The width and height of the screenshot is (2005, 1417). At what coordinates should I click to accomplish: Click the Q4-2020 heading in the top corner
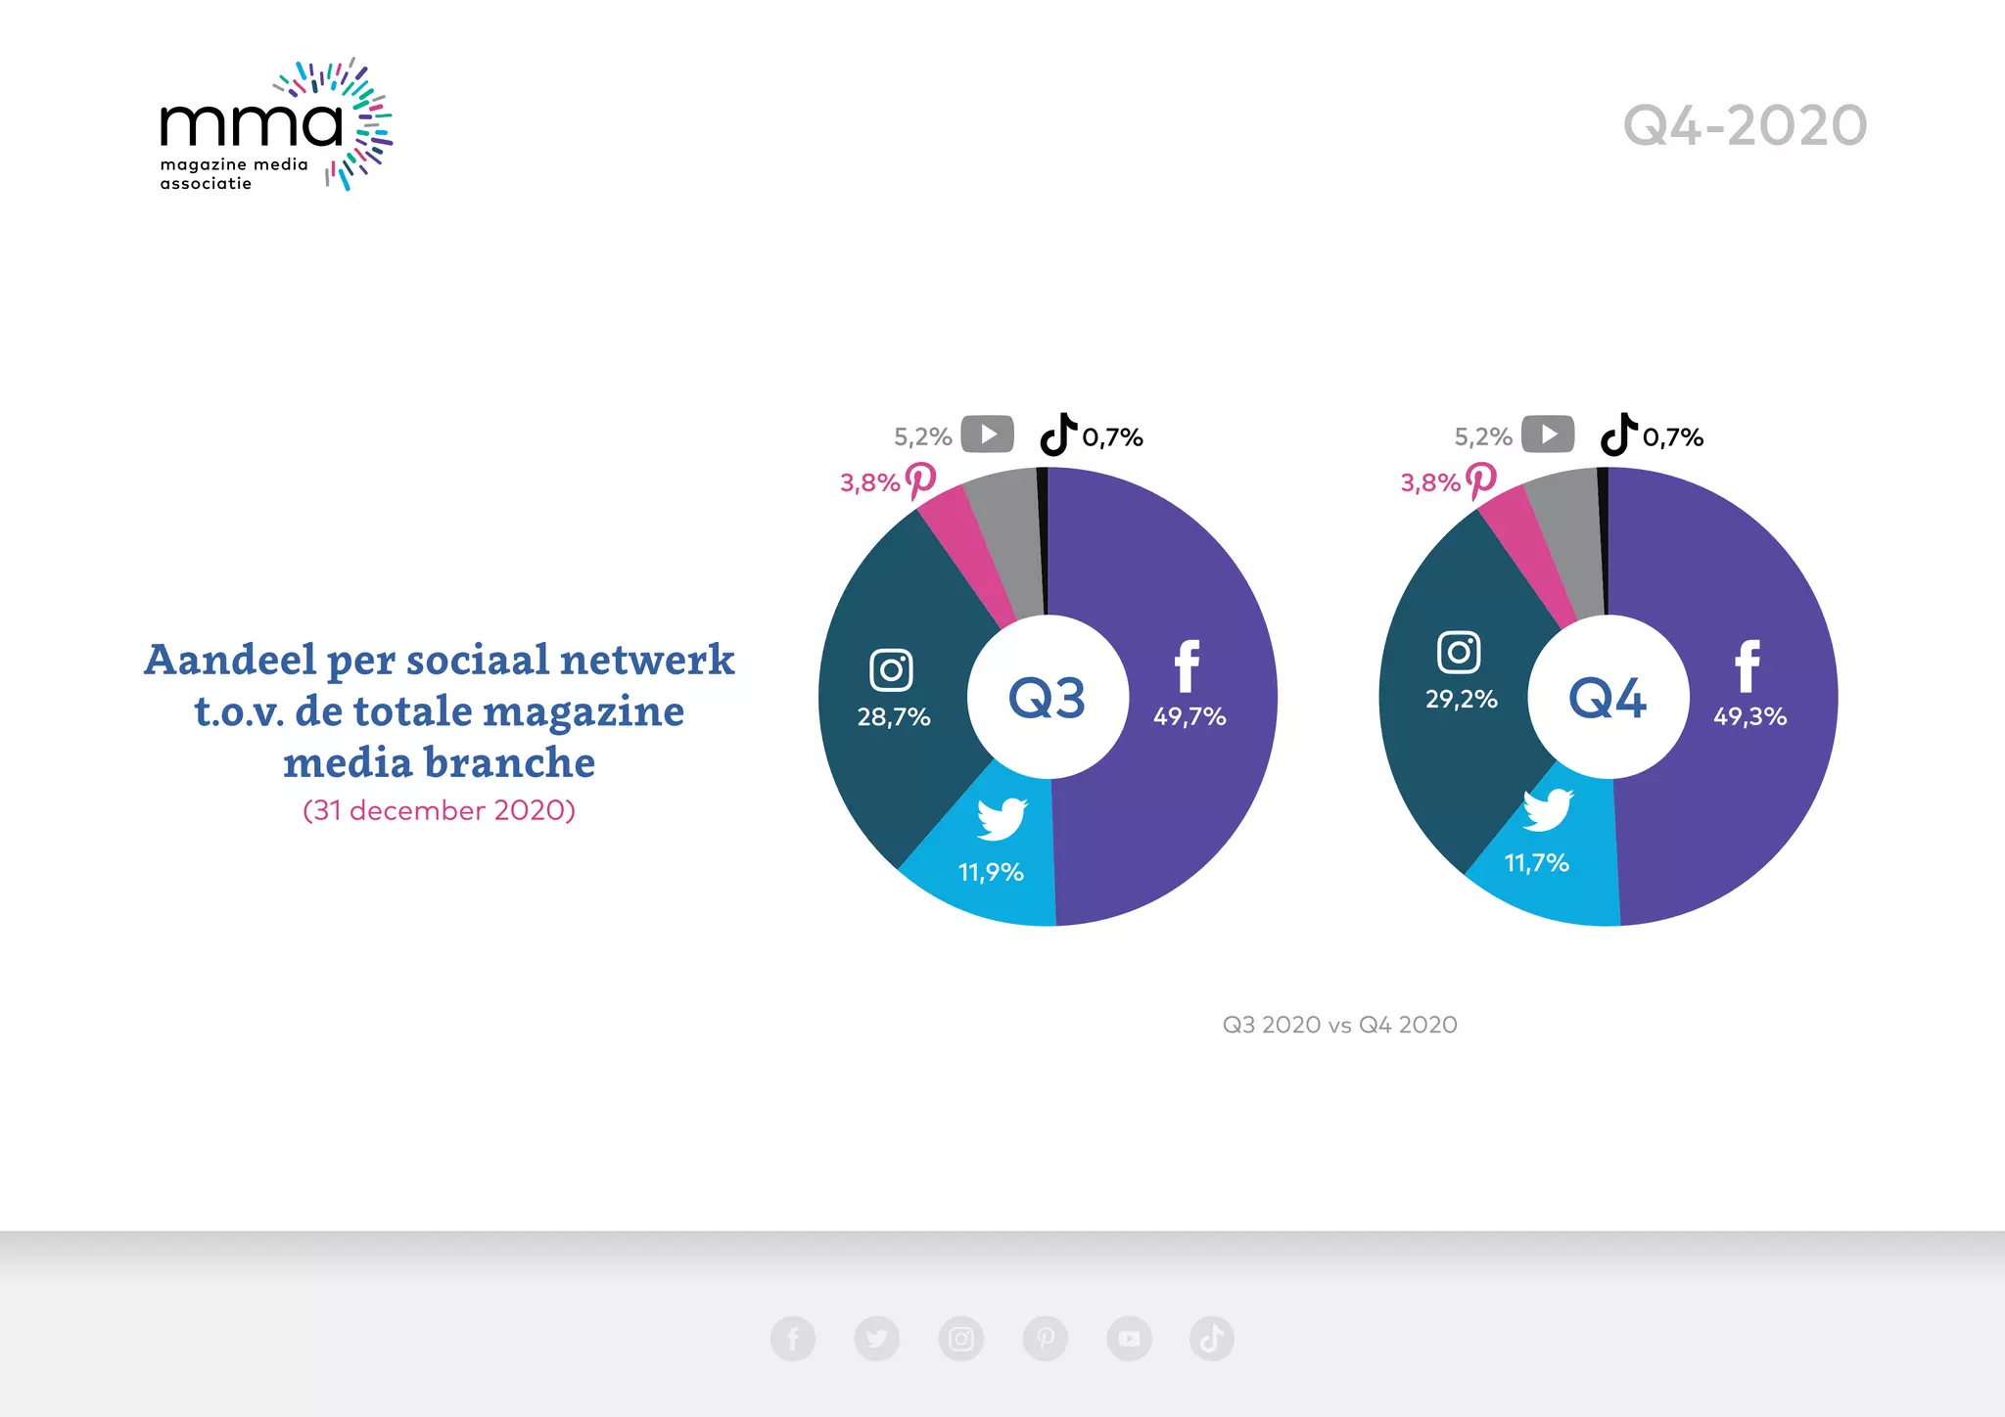(1745, 126)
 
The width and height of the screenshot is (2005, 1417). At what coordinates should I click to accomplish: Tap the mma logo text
(252, 123)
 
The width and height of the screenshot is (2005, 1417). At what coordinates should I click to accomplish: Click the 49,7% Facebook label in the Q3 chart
(1189, 716)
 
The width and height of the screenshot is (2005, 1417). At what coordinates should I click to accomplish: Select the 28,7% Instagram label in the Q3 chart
(894, 717)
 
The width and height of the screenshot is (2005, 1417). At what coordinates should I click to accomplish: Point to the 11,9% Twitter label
(991, 872)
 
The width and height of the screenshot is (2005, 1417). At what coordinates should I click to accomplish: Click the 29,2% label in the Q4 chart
(1461, 700)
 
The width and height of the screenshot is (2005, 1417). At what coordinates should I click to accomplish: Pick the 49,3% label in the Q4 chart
(1749, 716)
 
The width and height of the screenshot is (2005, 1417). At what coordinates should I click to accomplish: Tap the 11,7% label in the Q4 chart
(1536, 863)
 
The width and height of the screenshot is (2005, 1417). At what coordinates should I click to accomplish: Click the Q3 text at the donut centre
(1047, 698)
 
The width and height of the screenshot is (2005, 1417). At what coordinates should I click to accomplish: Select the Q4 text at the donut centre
(1608, 698)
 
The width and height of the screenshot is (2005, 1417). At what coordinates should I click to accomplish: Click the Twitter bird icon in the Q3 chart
(1002, 818)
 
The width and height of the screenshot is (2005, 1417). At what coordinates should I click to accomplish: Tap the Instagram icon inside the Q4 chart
(1459, 652)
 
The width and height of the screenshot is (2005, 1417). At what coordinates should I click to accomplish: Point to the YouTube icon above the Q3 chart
(987, 434)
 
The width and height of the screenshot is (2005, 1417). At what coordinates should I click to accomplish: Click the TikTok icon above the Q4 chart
(1618, 434)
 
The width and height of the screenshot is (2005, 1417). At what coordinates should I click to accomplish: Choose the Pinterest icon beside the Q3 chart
(920, 480)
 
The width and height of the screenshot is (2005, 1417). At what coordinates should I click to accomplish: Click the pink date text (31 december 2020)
(439, 810)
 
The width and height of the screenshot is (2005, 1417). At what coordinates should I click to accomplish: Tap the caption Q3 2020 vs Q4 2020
(1339, 1025)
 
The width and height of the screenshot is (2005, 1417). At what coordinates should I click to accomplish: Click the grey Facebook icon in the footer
(793, 1339)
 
